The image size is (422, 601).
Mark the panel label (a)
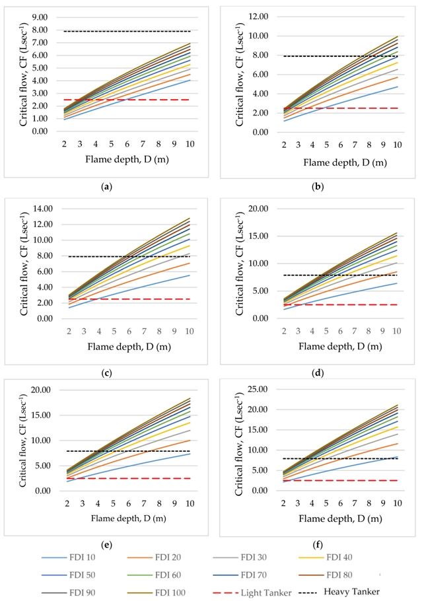[106, 187]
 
